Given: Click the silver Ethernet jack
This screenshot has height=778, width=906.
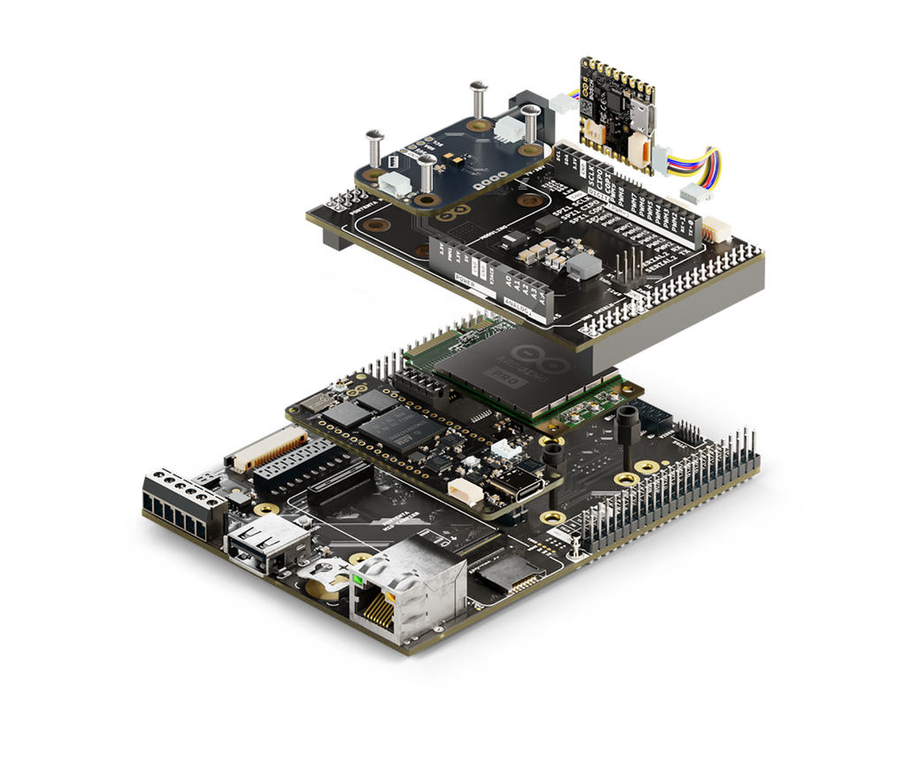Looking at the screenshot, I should click(409, 589).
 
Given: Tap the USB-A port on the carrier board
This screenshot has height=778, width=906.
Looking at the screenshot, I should click(265, 540).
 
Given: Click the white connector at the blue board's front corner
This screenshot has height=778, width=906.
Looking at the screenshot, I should click(395, 185).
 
